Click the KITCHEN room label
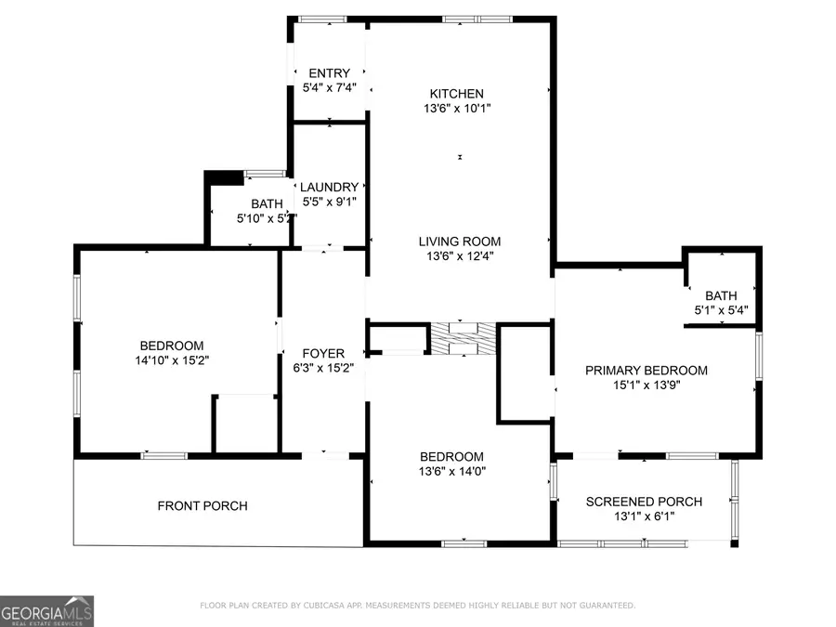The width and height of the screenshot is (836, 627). (x=456, y=94)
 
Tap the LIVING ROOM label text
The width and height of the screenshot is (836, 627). (x=460, y=242)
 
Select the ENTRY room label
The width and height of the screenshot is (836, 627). (x=330, y=74)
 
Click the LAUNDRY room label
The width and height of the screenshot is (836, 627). (x=330, y=187)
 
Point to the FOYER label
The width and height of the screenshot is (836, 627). (x=323, y=354)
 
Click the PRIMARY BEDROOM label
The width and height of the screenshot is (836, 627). (x=647, y=371)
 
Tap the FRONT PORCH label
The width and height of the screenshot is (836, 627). (x=202, y=506)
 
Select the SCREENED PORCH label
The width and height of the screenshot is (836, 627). (x=644, y=502)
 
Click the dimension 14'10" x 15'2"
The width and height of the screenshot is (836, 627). (x=172, y=360)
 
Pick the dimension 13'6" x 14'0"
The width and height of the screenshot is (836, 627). (x=452, y=471)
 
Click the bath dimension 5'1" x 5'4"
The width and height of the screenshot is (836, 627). (x=721, y=311)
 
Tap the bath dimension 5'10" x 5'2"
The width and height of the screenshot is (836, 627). (x=268, y=218)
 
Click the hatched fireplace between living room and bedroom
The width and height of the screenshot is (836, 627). (x=464, y=338)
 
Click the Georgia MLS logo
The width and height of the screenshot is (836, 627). (x=46, y=611)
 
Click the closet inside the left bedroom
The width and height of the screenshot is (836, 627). (x=245, y=425)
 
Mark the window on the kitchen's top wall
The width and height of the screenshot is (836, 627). (x=477, y=19)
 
